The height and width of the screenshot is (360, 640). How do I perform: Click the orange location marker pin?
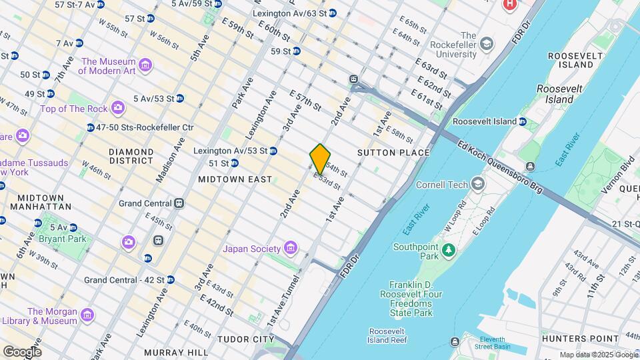click(320, 159)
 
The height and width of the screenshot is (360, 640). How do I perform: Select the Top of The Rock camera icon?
click(118, 108)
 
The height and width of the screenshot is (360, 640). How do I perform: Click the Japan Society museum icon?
click(289, 249)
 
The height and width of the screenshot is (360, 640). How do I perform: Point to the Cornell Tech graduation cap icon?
click(477, 184)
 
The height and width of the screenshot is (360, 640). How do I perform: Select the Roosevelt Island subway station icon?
click(523, 122)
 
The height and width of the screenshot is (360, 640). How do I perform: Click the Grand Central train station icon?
click(179, 203)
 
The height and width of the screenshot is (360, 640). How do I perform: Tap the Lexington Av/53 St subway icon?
click(273, 151)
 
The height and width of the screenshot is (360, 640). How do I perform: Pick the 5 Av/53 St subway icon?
click(180, 99)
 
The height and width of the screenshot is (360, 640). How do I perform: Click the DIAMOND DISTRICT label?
click(131, 156)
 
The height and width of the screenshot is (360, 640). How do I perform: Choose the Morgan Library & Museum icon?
click(87, 315)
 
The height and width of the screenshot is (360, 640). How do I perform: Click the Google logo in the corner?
click(22, 351)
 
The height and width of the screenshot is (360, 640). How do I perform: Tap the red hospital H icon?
click(510, 5)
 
